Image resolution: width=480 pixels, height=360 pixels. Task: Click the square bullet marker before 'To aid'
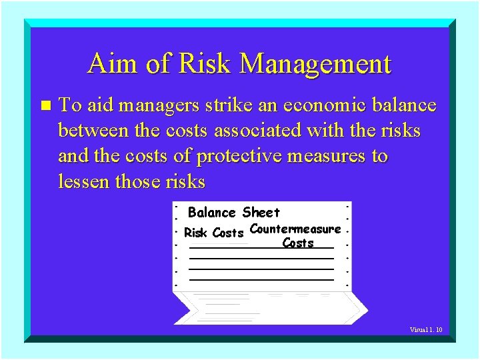point(45,106)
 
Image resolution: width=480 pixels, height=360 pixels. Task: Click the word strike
point(229,105)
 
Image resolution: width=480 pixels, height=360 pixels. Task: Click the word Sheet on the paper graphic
point(261,213)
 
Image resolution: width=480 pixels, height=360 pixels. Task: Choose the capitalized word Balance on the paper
point(212,213)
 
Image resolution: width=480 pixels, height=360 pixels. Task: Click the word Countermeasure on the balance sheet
point(295,229)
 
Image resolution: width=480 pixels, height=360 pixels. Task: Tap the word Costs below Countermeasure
point(298,243)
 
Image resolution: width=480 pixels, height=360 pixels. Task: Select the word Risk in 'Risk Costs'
point(196,233)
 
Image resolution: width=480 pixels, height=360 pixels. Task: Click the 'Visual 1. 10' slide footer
point(426,329)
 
